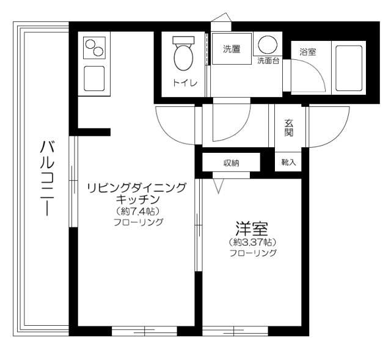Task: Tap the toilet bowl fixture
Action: pos(183,56)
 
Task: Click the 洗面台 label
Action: pos(268,61)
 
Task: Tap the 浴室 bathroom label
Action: pos(307,53)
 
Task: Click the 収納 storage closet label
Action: pos(231,163)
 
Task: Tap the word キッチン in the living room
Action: pos(137,199)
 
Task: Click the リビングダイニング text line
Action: pos(136,187)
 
